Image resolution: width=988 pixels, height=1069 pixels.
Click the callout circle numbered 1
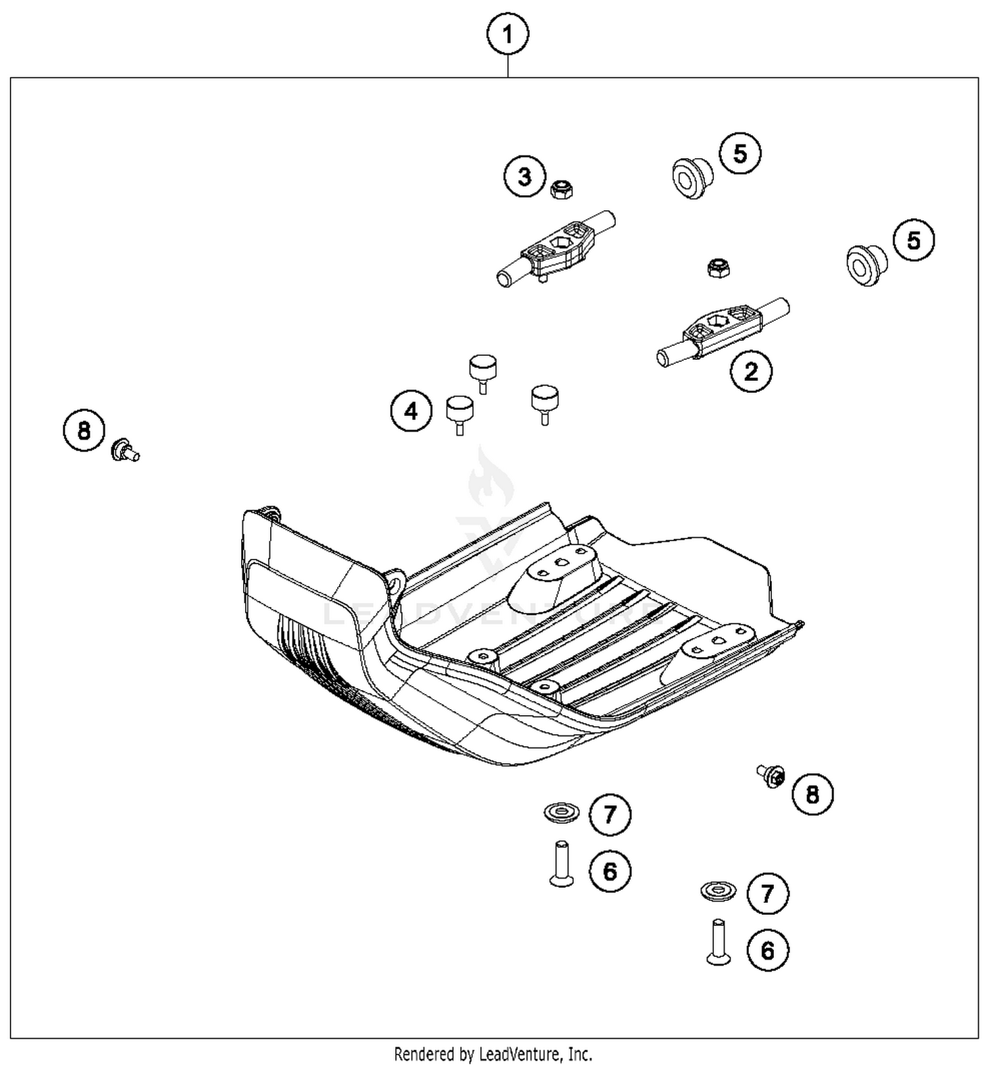pyautogui.click(x=507, y=34)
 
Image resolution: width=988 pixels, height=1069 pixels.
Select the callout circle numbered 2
pyautogui.click(x=751, y=372)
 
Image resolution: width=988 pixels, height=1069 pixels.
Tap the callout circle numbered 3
pyautogui.click(x=525, y=177)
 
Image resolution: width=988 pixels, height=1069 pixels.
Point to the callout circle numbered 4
pyautogui.click(x=411, y=412)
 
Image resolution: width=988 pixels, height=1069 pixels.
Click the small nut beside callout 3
pyautogui.click(x=561, y=190)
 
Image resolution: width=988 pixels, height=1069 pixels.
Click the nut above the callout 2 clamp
pyautogui.click(x=718, y=268)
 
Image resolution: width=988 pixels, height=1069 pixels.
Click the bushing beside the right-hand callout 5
pyautogui.click(x=865, y=264)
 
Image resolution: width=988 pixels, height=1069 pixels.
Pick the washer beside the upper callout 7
pyautogui.click(x=561, y=812)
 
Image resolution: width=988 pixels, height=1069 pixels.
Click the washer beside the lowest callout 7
pyautogui.click(x=718, y=891)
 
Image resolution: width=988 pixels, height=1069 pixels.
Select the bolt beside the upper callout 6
pyautogui.click(x=561, y=863)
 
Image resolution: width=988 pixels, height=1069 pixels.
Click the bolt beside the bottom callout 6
pyautogui.click(x=718, y=942)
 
